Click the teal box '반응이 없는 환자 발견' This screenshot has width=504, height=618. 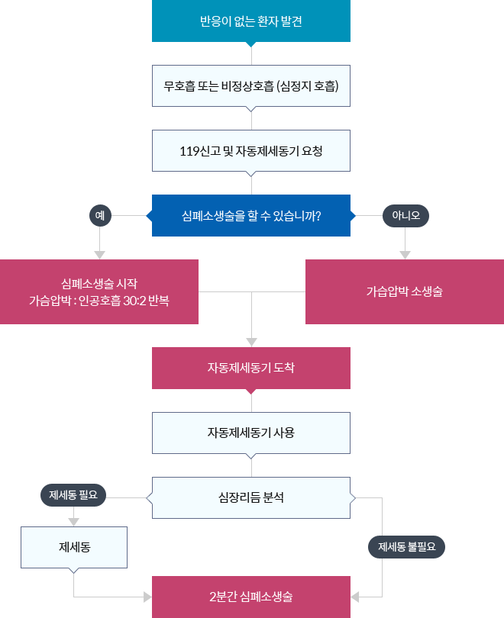pos(251,22)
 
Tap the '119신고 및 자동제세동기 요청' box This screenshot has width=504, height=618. pos(251,150)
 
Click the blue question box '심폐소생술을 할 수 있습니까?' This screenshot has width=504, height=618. pos(251,216)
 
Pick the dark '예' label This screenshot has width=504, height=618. pos(100,216)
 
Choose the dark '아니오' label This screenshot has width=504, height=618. pos(405,216)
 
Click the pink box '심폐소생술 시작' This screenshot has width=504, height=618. pos(99,291)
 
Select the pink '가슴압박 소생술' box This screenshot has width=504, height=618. pos(404,291)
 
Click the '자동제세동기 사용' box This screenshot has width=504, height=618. pos(251,433)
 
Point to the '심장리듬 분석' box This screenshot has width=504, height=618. pos(251,497)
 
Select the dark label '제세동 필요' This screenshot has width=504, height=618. pos(73,495)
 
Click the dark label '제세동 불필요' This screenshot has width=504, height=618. pos(405,546)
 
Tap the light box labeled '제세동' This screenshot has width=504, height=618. pos(74,546)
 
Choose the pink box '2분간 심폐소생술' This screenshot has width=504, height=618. pos(251,596)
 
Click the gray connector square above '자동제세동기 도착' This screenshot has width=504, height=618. pos(251,341)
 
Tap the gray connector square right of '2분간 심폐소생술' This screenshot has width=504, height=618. pos(355,595)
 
